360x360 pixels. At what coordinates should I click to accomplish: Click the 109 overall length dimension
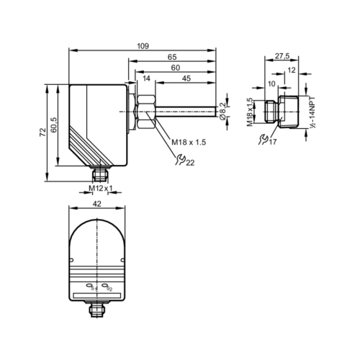pos(143,46)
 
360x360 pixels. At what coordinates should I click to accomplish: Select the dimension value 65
pos(172,57)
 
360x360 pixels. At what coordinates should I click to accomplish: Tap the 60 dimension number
pos(176,68)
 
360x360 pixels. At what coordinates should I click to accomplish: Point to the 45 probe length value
pos(186,78)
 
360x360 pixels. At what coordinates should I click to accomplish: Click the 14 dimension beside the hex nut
pos(146,78)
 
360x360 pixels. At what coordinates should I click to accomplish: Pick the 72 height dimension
pos(42,132)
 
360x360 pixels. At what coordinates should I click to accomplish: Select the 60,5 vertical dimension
pos(53,125)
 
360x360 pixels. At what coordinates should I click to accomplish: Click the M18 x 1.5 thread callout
pos(189,142)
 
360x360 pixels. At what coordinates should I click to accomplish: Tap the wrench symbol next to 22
pos(180,160)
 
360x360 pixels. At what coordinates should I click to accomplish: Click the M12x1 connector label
pos(101,188)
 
